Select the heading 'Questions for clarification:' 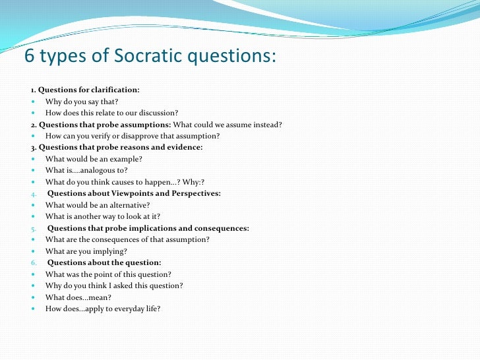point(88,90)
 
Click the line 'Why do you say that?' point(82,102)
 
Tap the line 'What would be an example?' point(94,159)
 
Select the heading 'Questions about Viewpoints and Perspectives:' point(134,193)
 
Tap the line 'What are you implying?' point(86,251)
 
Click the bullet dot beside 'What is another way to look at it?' point(34,217)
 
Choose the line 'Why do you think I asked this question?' point(114,285)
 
